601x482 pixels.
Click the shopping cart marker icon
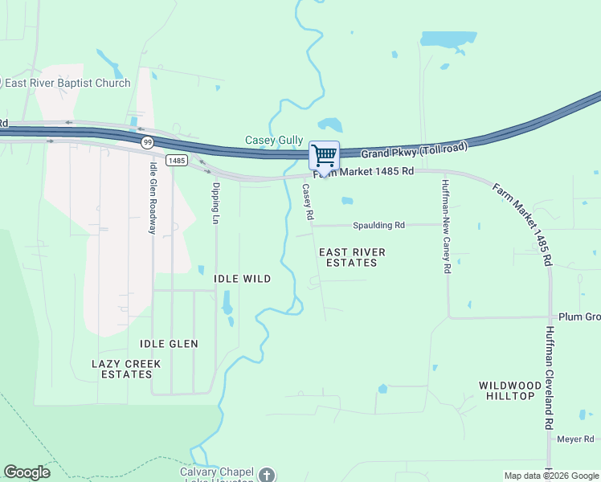point(324,154)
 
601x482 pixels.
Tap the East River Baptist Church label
point(67,83)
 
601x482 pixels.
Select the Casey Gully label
point(273,141)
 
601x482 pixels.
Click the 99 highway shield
point(147,142)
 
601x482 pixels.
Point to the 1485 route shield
point(177,161)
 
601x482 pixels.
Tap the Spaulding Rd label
point(375,225)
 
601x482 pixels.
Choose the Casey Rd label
point(307,202)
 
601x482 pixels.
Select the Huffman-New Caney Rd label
point(444,227)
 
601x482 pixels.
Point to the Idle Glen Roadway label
point(152,198)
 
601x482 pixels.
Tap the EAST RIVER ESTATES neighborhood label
point(352,257)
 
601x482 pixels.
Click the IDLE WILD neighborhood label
point(242,279)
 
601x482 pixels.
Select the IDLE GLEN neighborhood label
point(169,344)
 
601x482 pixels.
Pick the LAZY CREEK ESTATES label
point(126,369)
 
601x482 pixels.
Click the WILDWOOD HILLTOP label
point(507,390)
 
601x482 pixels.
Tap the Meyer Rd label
point(575,439)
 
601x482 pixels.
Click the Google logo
point(27,472)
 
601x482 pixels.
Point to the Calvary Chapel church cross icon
point(267,474)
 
